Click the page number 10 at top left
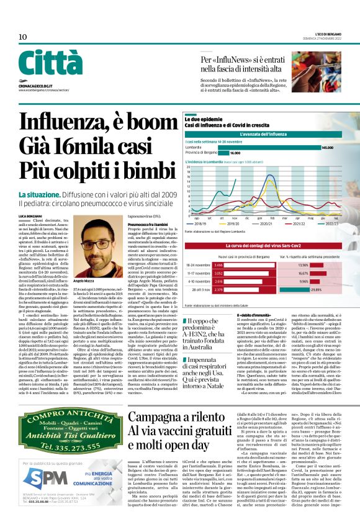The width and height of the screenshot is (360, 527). tap(22, 37)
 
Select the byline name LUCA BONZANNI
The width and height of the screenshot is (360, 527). tap(30, 215)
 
